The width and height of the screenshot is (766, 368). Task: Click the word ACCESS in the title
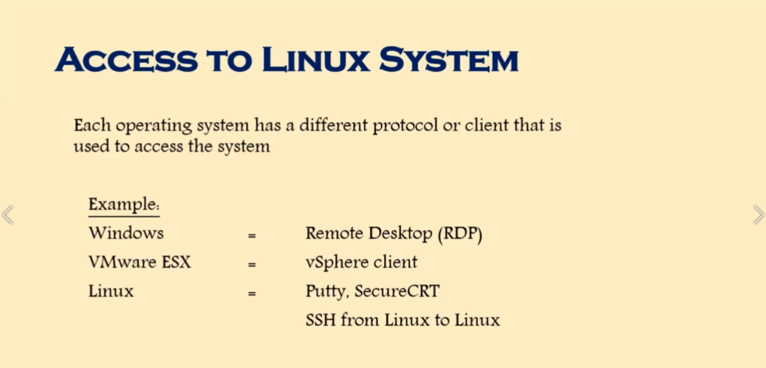[126, 60]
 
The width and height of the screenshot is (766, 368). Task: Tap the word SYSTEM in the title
[449, 60]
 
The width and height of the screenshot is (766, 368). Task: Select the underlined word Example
[123, 205]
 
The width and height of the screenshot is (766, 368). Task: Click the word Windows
[126, 233]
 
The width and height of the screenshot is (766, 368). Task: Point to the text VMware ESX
[139, 262]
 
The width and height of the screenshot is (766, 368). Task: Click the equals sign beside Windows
[252, 235]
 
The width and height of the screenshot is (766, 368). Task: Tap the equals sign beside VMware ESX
[252, 264]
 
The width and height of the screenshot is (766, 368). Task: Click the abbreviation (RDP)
[460, 234]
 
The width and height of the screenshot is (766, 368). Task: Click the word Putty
[326, 292]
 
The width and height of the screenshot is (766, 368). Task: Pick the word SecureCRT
[397, 291]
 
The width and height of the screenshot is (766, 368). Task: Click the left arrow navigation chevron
[7, 214]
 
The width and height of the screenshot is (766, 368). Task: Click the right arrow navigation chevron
[758, 214]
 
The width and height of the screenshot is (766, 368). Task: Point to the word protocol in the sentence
[404, 126]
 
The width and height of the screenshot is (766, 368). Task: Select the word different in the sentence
[334, 125]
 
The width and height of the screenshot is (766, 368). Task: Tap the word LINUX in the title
[315, 60]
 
